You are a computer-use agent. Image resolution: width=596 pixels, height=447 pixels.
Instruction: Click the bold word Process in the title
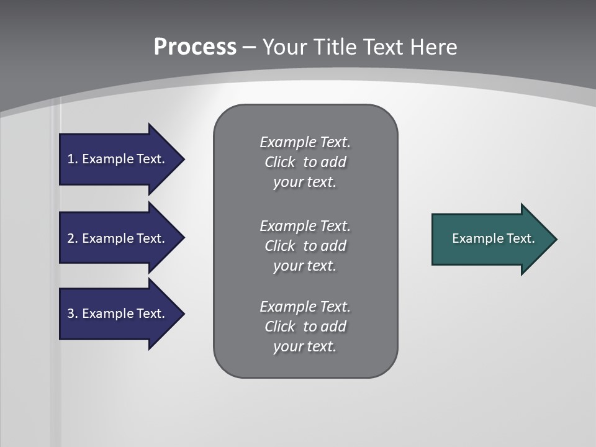coord(195,47)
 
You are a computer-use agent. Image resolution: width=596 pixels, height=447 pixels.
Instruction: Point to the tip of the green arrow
coord(555,239)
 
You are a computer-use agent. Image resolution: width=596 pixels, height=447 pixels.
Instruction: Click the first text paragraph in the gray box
coord(305,162)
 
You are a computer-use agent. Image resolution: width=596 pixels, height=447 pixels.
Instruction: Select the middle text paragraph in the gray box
coord(305,245)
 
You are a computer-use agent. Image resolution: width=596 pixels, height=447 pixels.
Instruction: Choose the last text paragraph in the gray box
coord(305,327)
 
